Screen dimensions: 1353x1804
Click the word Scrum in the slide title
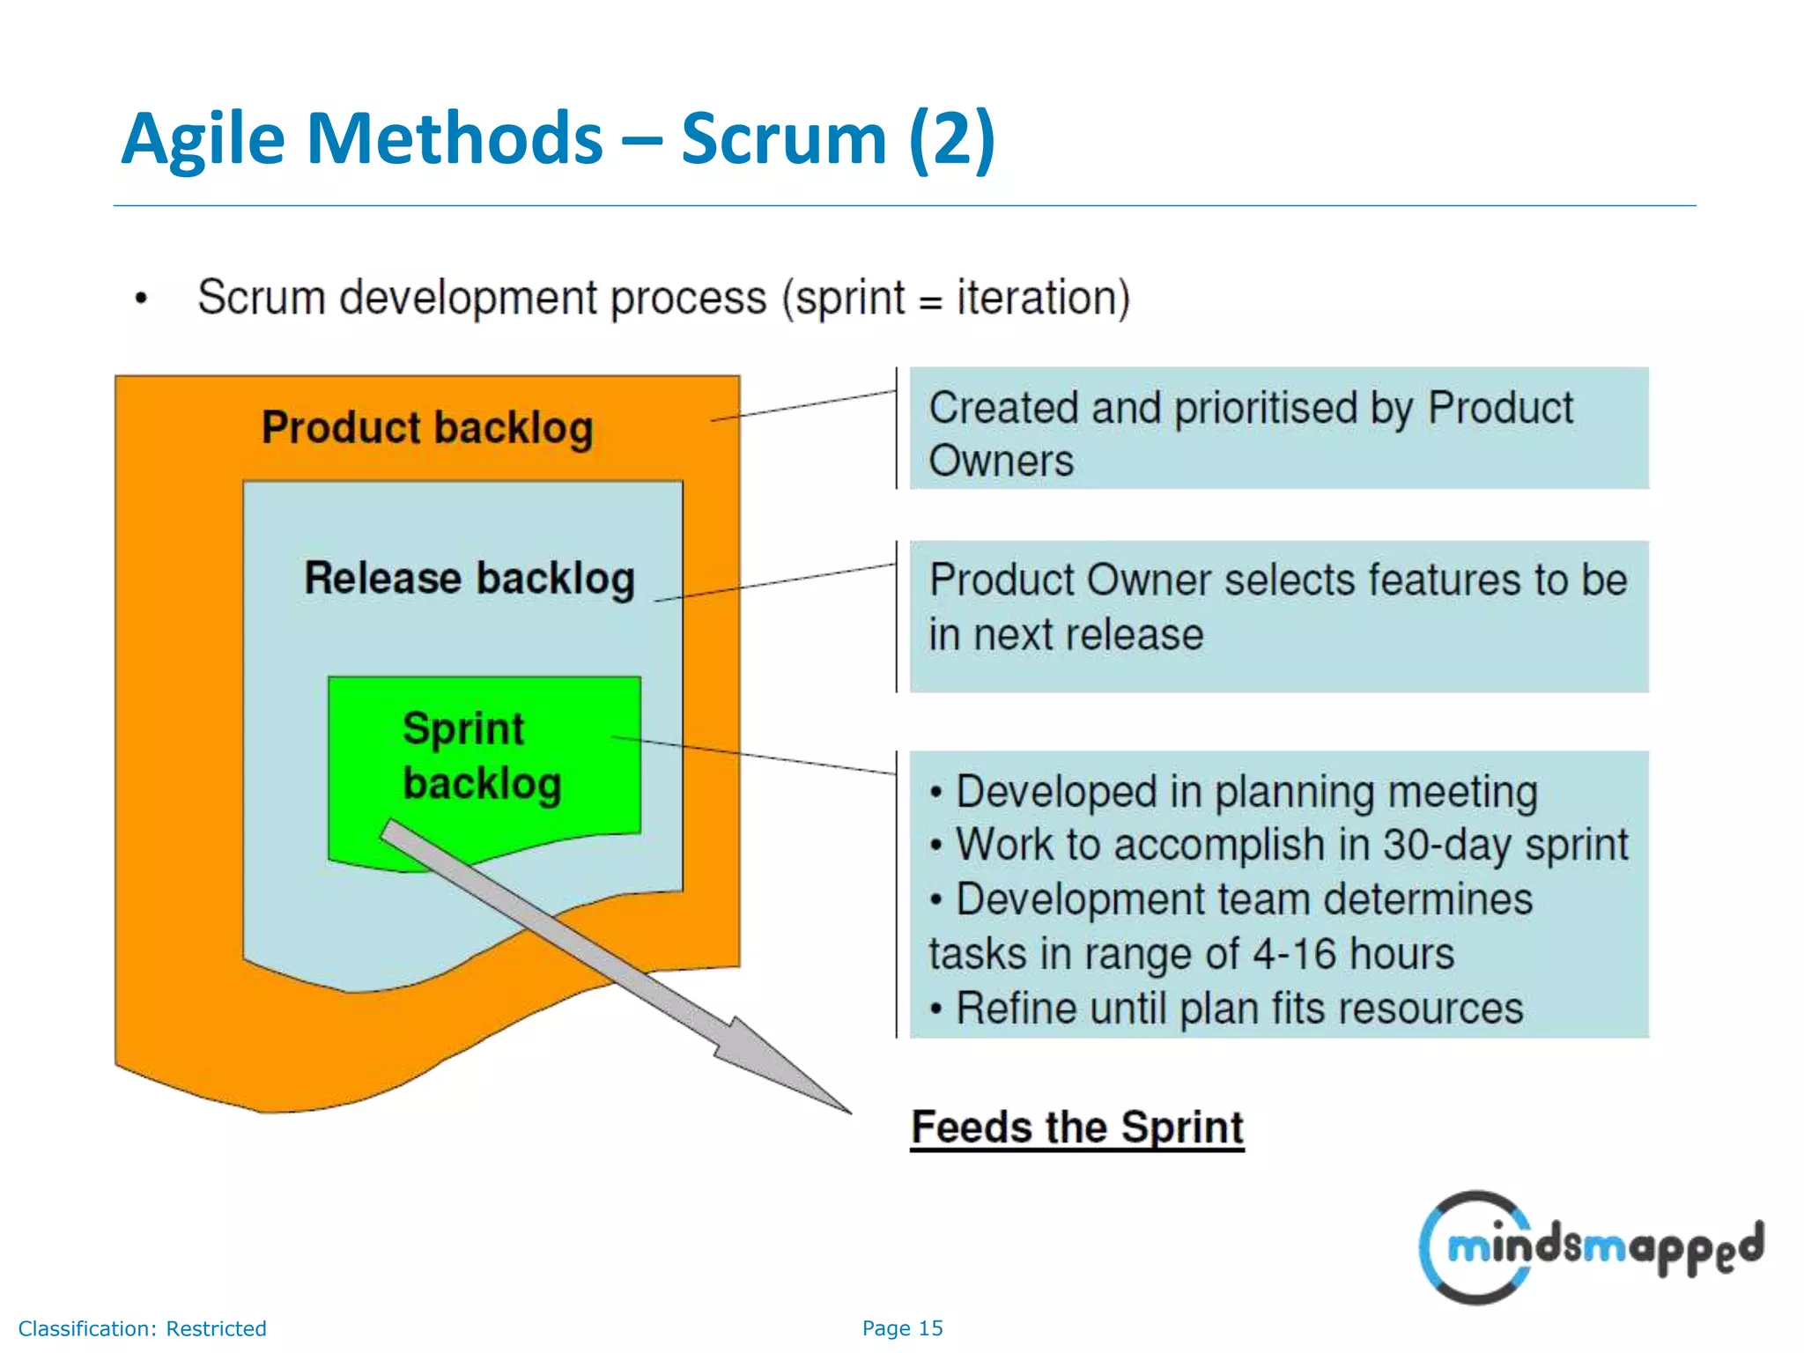782,139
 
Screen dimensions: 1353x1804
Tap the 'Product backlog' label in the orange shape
427,428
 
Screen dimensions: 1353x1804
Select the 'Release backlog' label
469,579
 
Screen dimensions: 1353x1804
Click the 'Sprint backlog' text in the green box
480,756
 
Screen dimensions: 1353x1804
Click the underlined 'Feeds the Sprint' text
1076,1127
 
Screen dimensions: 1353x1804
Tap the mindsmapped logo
1590,1246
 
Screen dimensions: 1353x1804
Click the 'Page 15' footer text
902,1328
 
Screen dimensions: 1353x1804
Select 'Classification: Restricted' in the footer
143,1328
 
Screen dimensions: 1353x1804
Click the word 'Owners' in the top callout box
1002,461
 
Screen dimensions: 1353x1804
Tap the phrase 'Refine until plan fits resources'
1238,1009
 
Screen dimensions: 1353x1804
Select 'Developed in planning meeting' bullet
1246,791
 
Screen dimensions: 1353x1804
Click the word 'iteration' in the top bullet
1036,298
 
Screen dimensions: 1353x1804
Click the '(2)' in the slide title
951,139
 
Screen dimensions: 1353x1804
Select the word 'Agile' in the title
203,139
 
